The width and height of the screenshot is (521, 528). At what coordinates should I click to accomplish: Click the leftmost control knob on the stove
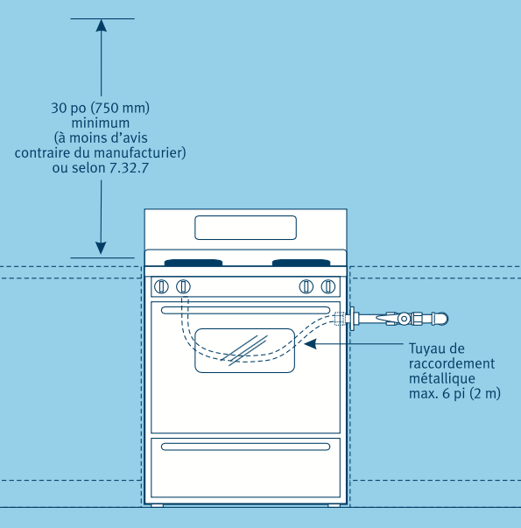coord(161,287)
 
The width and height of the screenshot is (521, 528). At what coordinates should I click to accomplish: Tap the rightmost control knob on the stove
coord(328,287)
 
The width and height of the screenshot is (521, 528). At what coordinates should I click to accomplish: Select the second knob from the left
coord(183,287)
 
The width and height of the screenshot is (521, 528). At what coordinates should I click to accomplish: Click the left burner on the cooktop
coord(194,263)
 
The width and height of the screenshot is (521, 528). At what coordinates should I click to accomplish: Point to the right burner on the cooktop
coord(301,263)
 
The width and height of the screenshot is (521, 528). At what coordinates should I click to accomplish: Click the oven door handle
coord(245,310)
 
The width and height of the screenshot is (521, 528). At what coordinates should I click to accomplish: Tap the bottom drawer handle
coord(245,447)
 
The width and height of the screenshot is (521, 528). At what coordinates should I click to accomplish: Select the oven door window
coord(245,350)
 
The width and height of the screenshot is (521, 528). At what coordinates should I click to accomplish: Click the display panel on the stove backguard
coord(245,228)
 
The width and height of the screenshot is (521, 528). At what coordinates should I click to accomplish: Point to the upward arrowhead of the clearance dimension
coord(101,25)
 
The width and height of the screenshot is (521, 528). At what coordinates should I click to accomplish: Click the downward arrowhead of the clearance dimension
coord(101,248)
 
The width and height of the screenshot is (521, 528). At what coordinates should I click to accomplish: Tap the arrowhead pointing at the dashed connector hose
coord(310,344)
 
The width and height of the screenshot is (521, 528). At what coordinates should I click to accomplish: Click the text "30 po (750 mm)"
coord(101,108)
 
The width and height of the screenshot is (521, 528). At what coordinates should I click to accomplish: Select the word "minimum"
coord(101,123)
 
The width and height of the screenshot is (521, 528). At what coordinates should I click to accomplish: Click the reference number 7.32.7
coord(130,168)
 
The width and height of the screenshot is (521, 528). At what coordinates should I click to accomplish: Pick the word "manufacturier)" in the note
coord(140,153)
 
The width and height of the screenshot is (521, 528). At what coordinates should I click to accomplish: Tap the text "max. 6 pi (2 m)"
coord(454,393)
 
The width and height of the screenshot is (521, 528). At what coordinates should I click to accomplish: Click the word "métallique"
coord(442,378)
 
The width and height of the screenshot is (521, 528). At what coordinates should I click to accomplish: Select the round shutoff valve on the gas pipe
coord(404,319)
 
